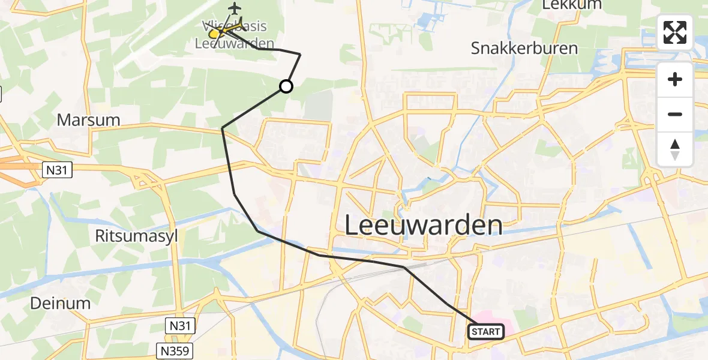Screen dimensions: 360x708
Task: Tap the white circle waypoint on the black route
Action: (286, 86)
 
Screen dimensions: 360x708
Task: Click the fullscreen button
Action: (675, 32)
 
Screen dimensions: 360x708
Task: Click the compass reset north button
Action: (675, 149)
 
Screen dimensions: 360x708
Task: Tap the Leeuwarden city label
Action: (424, 225)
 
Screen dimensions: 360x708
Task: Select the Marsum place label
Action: (88, 120)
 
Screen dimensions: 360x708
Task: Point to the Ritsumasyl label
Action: (137, 236)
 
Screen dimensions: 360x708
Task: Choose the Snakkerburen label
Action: (524, 48)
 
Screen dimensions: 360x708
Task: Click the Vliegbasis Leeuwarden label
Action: (235, 35)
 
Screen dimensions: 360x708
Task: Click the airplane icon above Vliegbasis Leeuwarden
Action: (234, 8)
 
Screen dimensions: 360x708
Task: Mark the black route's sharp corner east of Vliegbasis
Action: (300, 55)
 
